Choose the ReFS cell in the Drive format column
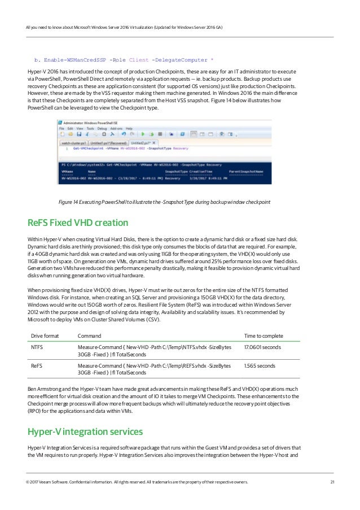[37, 366]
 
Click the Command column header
[89, 335]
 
